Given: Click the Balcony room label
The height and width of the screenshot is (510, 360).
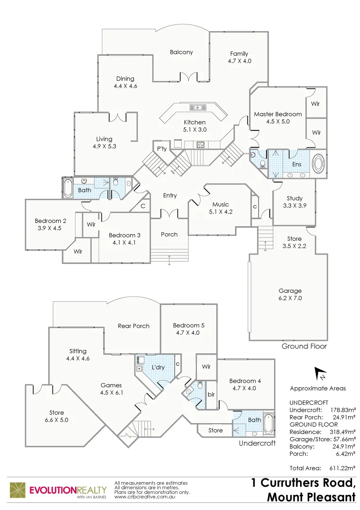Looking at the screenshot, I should coord(181,52).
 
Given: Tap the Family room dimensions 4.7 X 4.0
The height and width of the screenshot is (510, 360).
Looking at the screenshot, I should coord(239,61).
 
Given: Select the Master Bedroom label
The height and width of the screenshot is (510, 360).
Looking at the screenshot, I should coord(277,114).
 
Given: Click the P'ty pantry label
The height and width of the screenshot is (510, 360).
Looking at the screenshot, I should coord(162,149).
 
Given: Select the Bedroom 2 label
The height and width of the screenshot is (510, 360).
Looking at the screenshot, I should coord(50,221).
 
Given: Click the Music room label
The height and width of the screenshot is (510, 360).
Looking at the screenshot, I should coord(220,204).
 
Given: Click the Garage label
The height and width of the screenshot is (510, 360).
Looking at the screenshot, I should coord(290,291).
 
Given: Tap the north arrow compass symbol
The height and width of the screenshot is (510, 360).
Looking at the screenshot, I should coord(320,374).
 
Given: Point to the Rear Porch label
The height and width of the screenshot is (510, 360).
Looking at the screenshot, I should coord(134,326).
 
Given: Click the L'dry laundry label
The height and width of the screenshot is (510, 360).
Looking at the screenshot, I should coord(158,367).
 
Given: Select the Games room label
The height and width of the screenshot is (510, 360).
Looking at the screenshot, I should coord(111,385).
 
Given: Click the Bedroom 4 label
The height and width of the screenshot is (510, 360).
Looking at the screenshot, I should coord(245,381).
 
